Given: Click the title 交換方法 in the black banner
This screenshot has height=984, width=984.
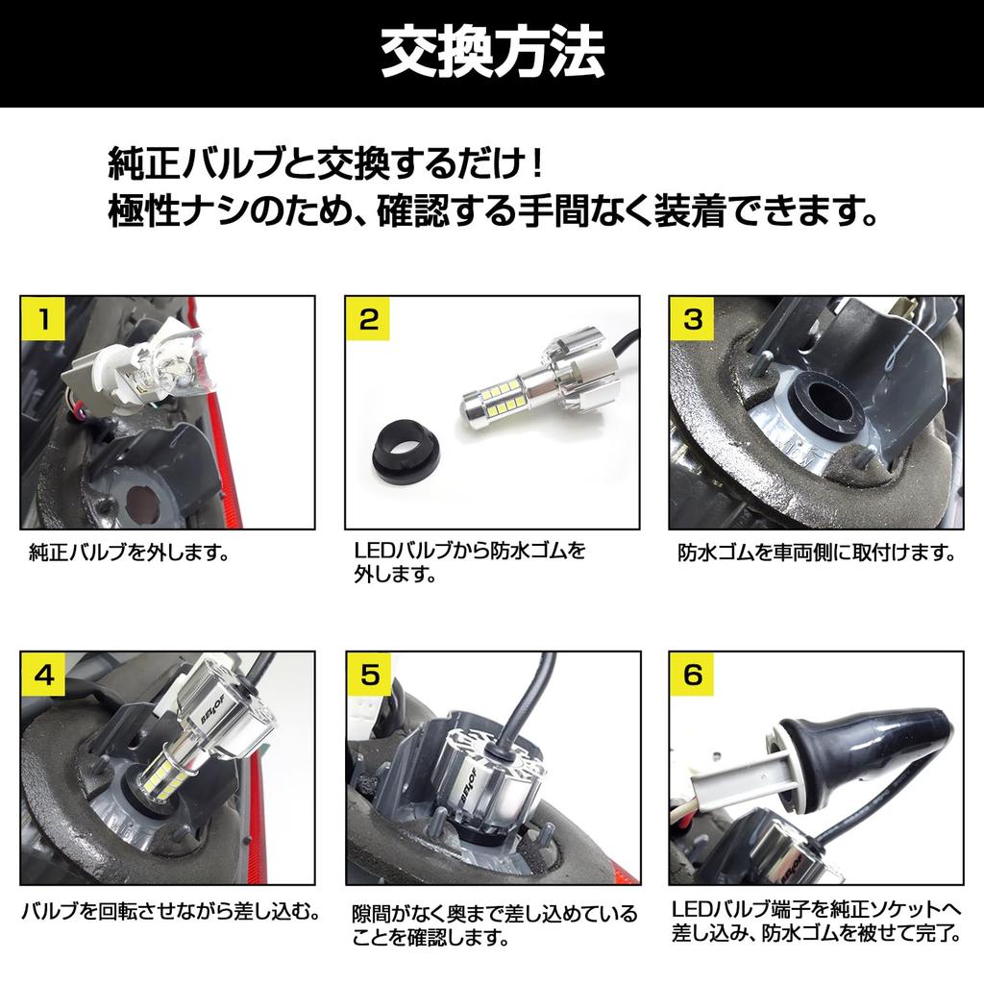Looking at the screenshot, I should pyautogui.click(x=492, y=55).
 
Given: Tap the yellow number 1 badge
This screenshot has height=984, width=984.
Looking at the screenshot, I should pyautogui.click(x=43, y=319).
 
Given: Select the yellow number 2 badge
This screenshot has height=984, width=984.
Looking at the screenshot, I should pyautogui.click(x=368, y=319).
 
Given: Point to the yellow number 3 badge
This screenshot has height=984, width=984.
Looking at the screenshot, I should pyautogui.click(x=693, y=319).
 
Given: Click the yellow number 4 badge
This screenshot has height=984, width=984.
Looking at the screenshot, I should pyautogui.click(x=43, y=675).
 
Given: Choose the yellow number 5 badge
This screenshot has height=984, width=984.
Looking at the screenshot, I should pyautogui.click(x=368, y=675).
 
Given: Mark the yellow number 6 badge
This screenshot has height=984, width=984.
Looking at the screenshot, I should pyautogui.click(x=693, y=675).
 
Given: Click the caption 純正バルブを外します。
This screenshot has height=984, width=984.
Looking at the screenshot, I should pyautogui.click(x=128, y=553).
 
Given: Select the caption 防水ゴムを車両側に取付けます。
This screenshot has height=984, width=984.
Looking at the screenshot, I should pyautogui.click(x=816, y=553).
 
